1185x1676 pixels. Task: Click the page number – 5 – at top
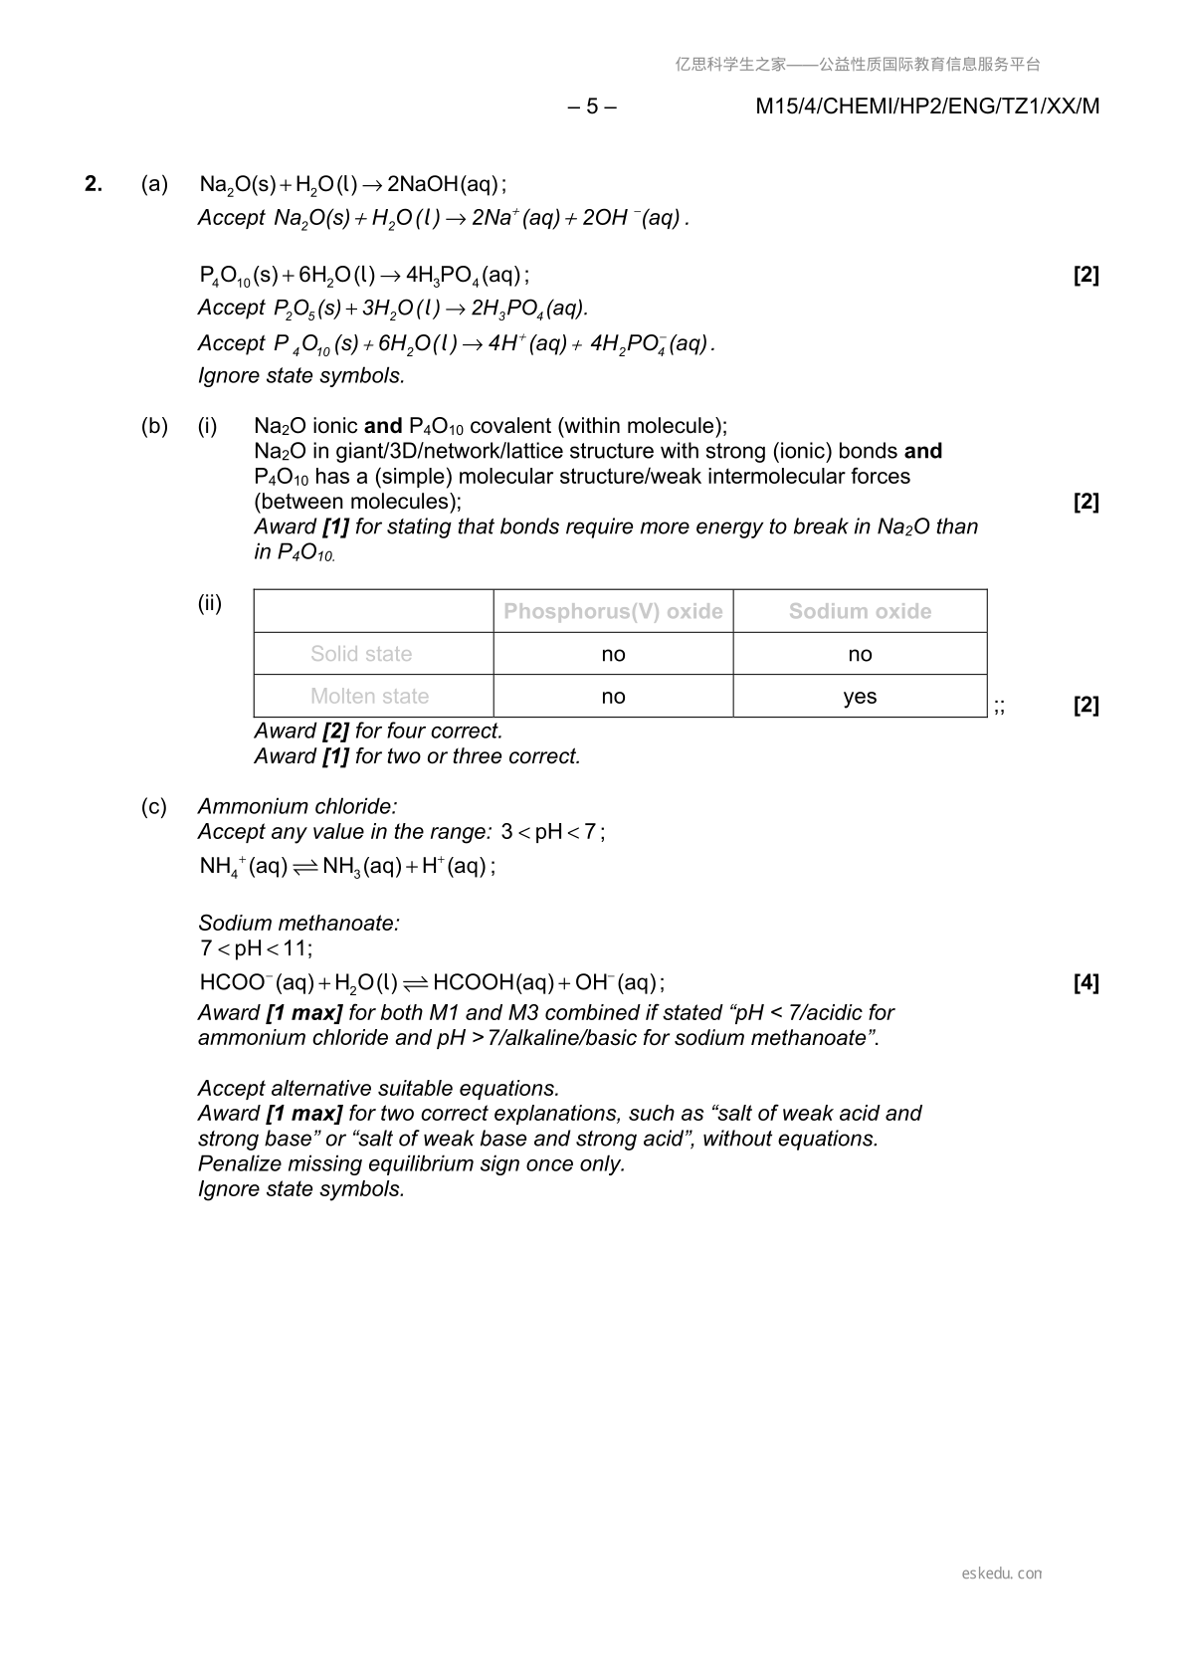point(591,106)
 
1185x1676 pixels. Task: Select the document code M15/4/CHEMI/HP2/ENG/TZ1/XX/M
point(927,106)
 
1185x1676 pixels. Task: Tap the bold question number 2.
point(94,184)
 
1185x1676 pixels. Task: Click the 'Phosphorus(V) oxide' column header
point(613,611)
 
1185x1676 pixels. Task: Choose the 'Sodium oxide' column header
point(860,611)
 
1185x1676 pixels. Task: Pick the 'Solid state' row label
point(361,654)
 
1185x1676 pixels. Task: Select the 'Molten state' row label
point(369,697)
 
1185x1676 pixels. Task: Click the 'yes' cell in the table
point(860,697)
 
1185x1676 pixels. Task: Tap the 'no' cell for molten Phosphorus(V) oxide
point(613,697)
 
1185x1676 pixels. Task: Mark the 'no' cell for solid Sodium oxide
point(860,654)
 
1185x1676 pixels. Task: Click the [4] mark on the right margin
point(1086,983)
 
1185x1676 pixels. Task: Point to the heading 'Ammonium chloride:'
point(297,806)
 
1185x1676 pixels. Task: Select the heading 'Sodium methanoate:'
point(298,923)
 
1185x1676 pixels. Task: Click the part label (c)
point(154,806)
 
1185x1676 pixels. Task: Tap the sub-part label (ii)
point(210,603)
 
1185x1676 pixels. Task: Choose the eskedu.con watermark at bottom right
point(1002,1573)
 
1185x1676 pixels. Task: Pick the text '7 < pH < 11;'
point(256,948)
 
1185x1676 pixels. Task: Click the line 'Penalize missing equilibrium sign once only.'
point(411,1163)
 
